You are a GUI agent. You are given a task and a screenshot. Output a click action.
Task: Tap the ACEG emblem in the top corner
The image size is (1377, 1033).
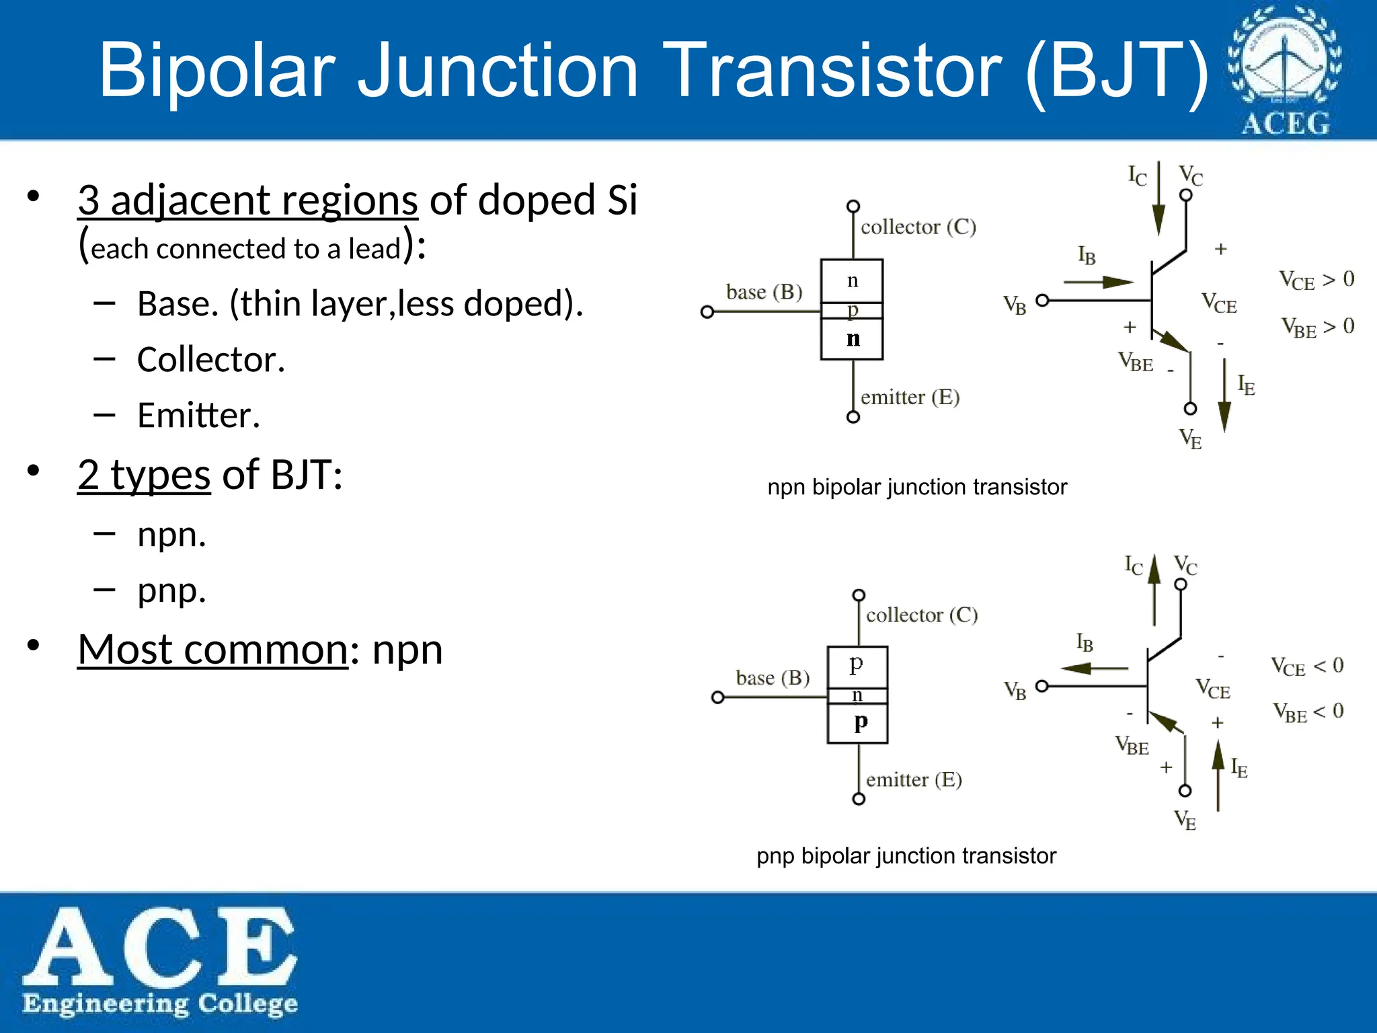[1285, 70]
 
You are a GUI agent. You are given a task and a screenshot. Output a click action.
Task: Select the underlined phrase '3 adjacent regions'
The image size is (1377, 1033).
[247, 200]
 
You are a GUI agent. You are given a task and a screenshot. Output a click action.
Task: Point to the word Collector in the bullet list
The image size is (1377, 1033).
[211, 360]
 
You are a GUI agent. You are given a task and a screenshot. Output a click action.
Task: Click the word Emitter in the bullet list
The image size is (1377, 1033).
[198, 416]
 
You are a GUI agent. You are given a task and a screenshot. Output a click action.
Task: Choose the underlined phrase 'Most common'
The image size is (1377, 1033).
[213, 650]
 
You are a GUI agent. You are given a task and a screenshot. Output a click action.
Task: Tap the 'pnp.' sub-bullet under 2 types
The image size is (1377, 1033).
[171, 591]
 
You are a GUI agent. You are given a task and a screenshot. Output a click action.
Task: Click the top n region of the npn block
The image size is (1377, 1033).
[852, 280]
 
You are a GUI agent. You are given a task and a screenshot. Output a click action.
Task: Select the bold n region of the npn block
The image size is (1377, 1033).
[852, 339]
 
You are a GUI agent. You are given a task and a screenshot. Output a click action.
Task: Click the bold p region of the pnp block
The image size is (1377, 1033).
[859, 722]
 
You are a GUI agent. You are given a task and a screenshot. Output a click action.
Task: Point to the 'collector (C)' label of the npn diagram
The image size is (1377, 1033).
[918, 227]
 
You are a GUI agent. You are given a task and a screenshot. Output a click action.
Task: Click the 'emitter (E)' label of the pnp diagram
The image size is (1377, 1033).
[914, 780]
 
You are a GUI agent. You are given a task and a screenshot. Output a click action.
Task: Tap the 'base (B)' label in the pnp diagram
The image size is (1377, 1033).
[773, 678]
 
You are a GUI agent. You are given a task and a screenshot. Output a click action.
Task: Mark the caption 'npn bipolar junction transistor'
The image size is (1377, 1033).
[917, 487]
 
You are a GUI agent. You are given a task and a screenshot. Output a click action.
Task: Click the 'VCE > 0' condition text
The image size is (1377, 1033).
[1316, 280]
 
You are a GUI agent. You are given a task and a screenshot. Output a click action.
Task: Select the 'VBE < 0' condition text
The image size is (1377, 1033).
[1308, 712]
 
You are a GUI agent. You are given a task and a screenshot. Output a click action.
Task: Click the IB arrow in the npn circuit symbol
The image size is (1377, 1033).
[1099, 282]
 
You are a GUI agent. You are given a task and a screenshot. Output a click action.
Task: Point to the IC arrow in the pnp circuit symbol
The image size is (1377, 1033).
[1154, 588]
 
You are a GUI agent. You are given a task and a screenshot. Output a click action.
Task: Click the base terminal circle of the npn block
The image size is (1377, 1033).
[707, 312]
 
